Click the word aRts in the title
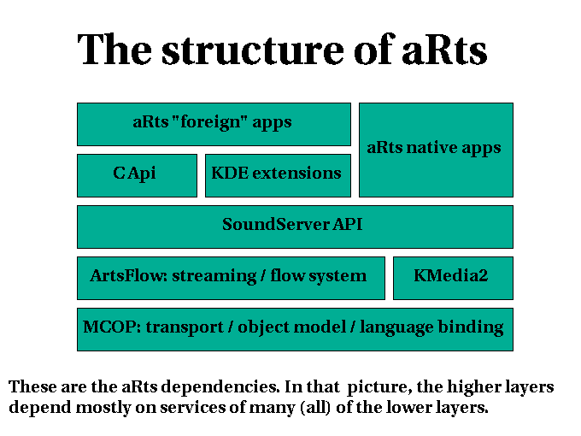coord(444,50)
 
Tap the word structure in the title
coord(253,50)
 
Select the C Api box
coord(137,175)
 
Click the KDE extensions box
coord(278,175)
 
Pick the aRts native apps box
coord(436,150)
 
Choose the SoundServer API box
coord(295,227)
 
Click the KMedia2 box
coord(453,278)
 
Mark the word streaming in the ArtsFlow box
coord(214,276)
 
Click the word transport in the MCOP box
coord(185,327)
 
